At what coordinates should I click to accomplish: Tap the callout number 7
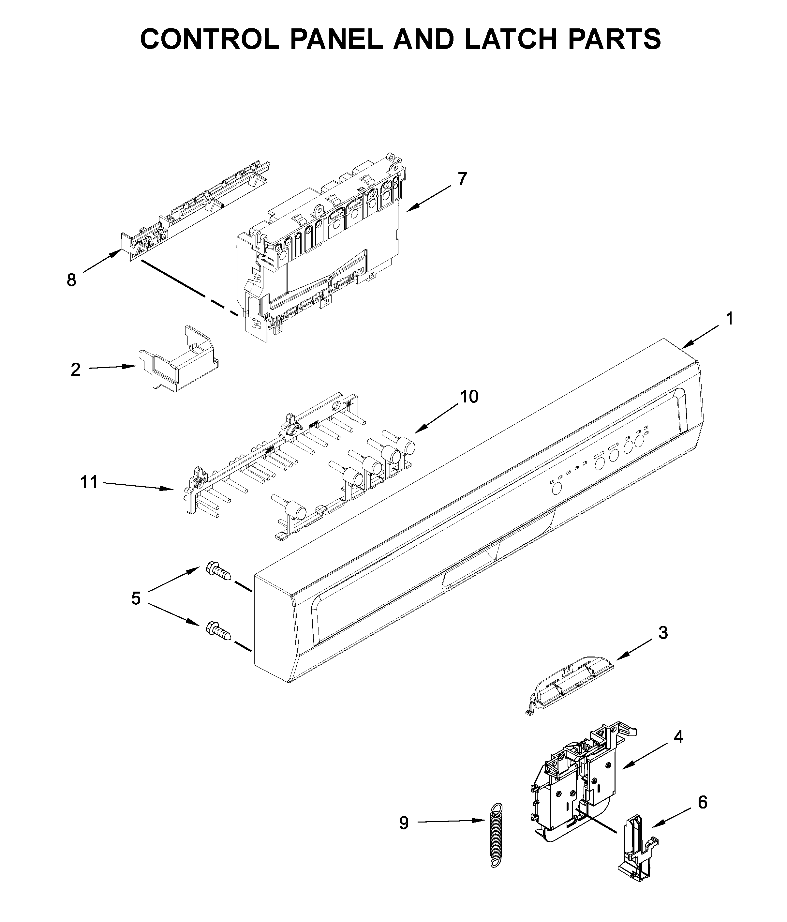coord(462,179)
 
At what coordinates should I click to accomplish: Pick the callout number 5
coord(136,598)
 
